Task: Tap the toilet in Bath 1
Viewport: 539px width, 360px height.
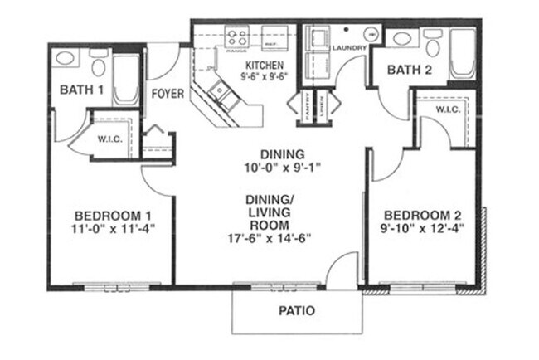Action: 98,65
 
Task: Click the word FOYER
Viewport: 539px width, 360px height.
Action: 167,94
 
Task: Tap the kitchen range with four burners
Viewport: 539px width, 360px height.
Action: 237,37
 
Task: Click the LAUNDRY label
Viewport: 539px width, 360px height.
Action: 348,48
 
